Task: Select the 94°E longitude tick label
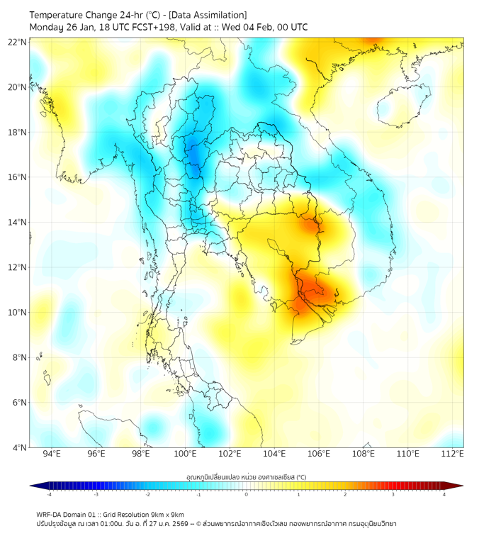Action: point(52,454)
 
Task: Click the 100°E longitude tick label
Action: point(185,454)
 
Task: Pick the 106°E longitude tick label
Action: point(319,454)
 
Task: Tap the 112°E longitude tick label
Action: point(453,454)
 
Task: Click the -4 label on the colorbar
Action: point(48,494)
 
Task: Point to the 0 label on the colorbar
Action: point(247,494)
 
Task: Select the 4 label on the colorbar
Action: point(444,494)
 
